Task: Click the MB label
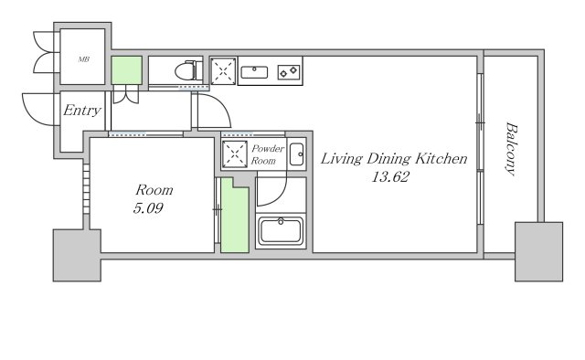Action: pos(83,59)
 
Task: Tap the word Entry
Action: pos(82,110)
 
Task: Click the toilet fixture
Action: pos(189,70)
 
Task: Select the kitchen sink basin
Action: pos(254,72)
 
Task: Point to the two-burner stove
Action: pos(289,72)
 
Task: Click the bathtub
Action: pos(281,231)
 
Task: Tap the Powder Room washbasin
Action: pos(297,154)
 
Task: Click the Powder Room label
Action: pos(268,154)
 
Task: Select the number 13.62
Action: pos(390,176)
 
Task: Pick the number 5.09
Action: pos(148,207)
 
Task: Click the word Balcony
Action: pos(512,148)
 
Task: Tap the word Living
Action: pos(341,159)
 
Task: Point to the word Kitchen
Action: pos(441,159)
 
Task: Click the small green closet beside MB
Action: pos(127,70)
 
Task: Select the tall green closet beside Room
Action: pos(235,216)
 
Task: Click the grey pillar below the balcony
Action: pos(538,252)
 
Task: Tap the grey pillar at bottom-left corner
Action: pos(77,255)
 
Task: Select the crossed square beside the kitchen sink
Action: pos(223,71)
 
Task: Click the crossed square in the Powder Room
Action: pos(235,154)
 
